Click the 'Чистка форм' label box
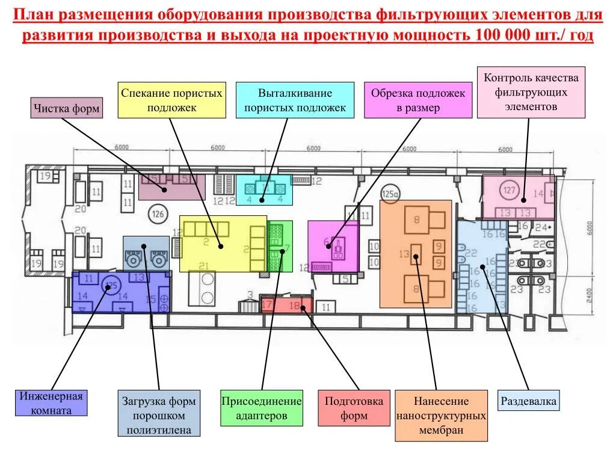[66, 108]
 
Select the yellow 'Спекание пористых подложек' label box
[171, 100]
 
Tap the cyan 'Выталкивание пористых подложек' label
[295, 100]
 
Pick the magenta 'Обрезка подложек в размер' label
[418, 100]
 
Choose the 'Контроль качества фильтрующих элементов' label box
[531, 91]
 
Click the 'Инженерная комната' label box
[51, 403]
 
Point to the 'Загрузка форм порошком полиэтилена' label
[159, 415]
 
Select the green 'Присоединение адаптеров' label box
[261, 408]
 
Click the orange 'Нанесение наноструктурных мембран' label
[441, 416]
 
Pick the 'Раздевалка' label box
[529, 401]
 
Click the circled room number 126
[158, 213]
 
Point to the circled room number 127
[510, 189]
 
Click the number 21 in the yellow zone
[204, 265]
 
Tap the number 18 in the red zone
[294, 306]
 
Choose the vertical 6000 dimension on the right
[590, 227]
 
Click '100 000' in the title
[499, 35]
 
